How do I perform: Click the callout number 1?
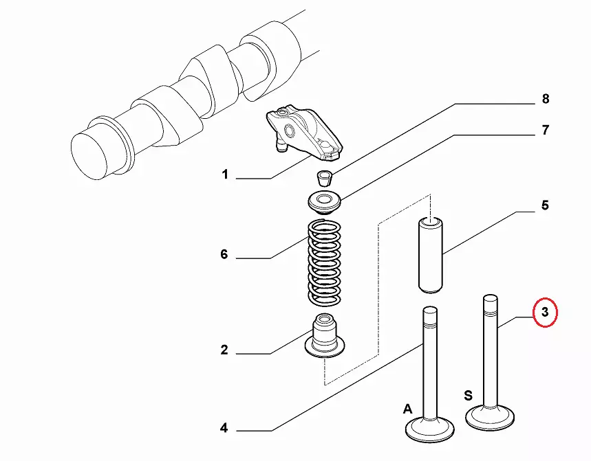coord(224,175)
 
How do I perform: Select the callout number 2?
coord(224,350)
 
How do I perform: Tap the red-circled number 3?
coord(544,313)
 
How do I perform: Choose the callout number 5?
coord(544,205)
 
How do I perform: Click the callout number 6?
coord(224,255)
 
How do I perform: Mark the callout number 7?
coord(544,130)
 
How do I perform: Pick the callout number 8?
coord(545,99)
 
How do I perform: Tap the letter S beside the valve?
coord(468,395)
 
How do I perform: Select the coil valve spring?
coord(323,262)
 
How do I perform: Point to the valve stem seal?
coord(323,337)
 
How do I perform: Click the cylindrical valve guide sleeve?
coord(431,254)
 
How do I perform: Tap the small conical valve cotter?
coord(323,177)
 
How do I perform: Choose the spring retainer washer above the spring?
coord(323,203)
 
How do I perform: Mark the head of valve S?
coord(490,416)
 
